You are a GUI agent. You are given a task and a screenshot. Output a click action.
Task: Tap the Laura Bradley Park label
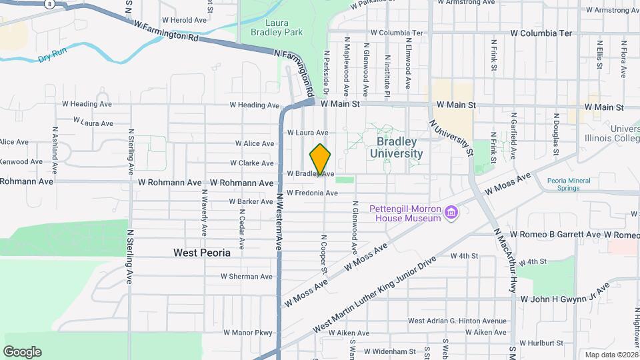point(277,26)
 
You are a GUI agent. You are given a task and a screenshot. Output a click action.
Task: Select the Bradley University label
point(399,147)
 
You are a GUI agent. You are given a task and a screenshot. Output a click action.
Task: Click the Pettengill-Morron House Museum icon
point(452,213)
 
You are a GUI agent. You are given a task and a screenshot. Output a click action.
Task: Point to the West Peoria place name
point(201,253)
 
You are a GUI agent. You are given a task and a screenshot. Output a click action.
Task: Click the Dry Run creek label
point(53,57)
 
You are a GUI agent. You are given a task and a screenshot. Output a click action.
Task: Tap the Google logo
point(22,352)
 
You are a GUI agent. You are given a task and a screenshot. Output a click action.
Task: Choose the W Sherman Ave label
point(247,277)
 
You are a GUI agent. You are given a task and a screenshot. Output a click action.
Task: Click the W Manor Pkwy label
point(249,332)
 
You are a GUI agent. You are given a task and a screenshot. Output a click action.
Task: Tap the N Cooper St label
point(325,254)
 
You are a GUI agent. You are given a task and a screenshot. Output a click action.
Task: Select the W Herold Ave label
point(181,20)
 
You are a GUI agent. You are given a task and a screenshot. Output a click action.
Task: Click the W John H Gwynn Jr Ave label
point(565,295)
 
